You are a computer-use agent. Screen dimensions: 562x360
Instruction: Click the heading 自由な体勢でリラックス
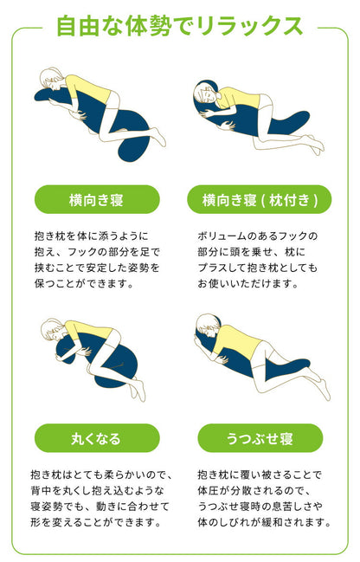point(179,25)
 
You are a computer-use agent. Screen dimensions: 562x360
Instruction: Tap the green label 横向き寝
point(97,199)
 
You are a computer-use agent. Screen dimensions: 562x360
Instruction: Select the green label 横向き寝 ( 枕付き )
point(260,199)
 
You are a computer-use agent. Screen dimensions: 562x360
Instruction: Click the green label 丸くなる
point(97,438)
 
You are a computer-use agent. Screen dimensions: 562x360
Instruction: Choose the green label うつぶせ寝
point(260,438)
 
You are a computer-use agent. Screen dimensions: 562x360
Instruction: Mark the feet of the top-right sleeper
point(317,144)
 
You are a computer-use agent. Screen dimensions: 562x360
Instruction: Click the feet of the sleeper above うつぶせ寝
point(318,381)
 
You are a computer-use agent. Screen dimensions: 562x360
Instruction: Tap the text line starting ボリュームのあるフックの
point(258,236)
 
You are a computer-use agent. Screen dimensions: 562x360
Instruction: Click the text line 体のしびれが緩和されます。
point(263,522)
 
